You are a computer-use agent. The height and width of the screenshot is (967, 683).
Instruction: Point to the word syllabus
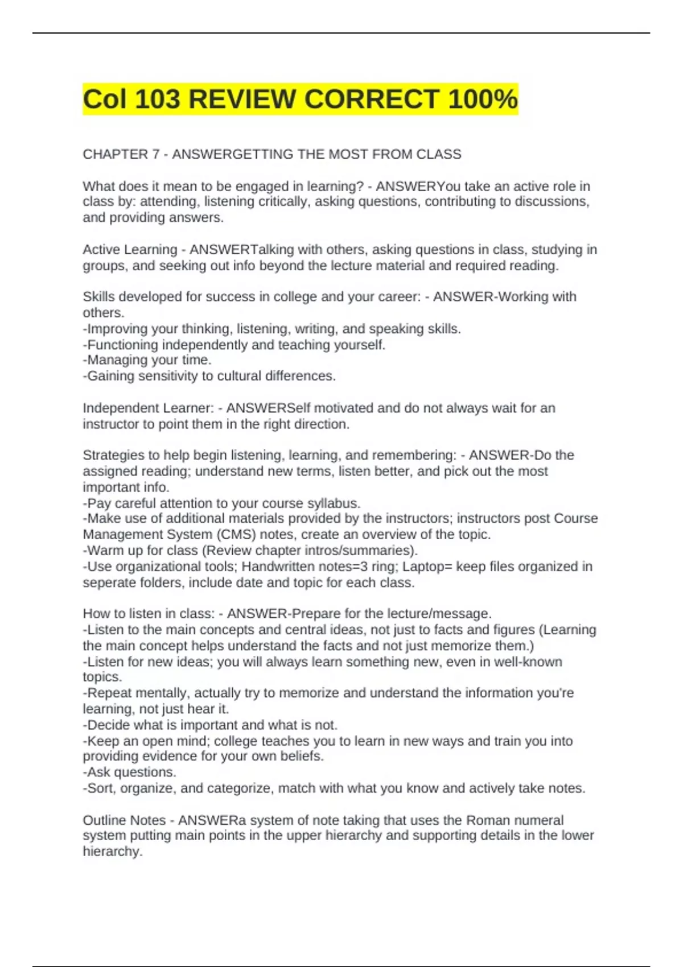click(333, 503)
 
